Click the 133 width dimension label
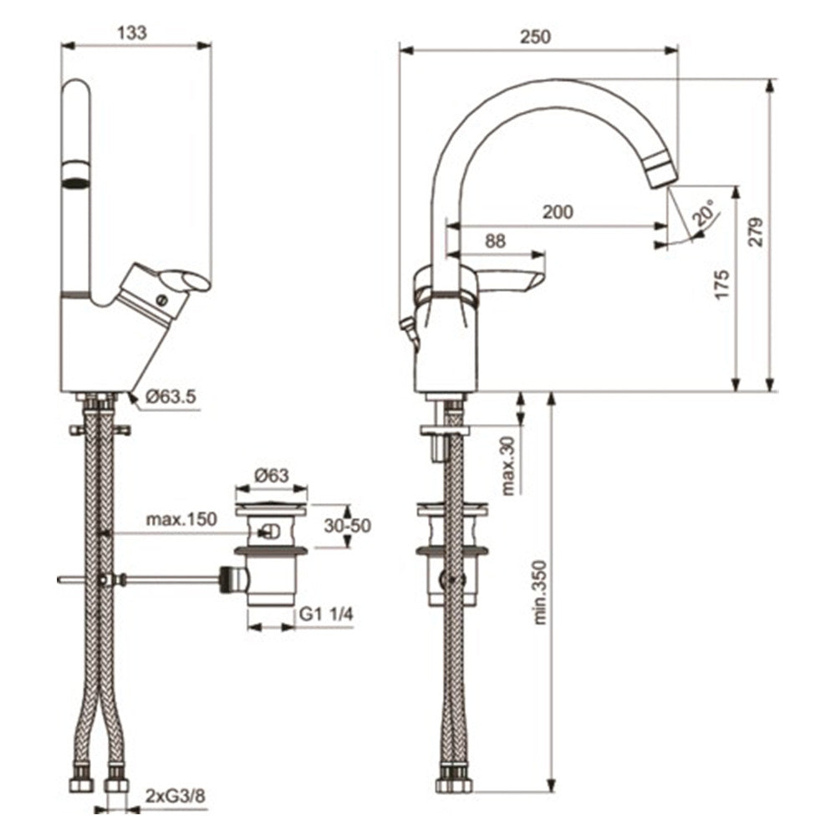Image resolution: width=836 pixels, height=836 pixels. coord(132,33)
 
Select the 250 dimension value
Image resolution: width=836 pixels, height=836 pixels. coord(535,37)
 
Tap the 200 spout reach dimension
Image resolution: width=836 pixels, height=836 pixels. coord(558,212)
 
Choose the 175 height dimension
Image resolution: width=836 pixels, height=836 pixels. coord(723,285)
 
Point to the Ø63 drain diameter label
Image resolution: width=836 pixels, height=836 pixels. coord(271,475)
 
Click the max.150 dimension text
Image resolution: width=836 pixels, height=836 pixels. coord(181,519)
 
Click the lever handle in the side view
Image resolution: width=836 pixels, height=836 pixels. coord(512,278)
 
